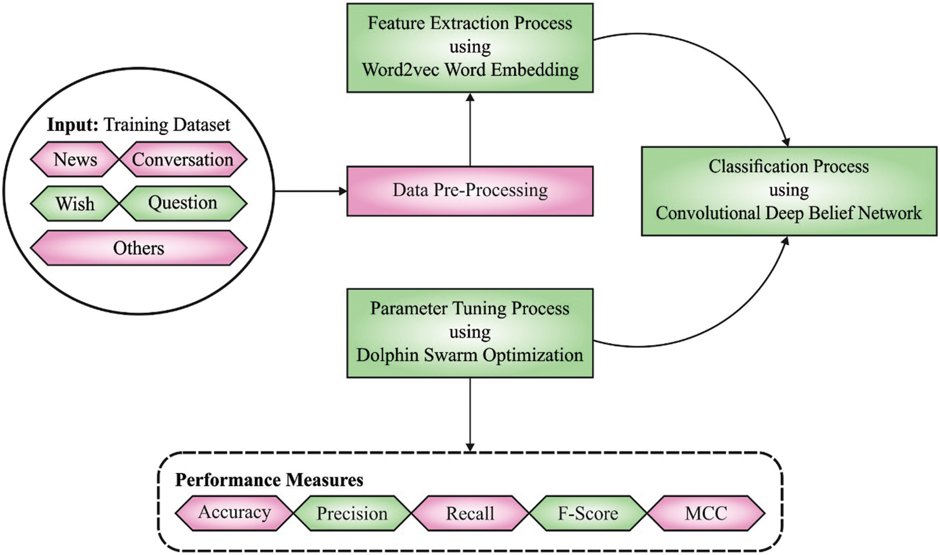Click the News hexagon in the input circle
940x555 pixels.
[75, 159]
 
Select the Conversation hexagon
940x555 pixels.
[183, 159]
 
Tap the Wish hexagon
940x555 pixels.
[75, 204]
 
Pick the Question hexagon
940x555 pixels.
[183, 203]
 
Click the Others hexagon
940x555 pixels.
[138, 248]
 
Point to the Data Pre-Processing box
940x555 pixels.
[470, 191]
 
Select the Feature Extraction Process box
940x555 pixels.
[470, 48]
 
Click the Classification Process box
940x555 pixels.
[788, 191]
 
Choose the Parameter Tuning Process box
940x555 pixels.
[470, 332]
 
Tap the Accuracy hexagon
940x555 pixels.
[234, 513]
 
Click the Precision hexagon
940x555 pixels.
[352, 514]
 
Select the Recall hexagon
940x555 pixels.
[470, 514]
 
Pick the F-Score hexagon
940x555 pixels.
[588, 514]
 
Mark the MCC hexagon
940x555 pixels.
[706, 514]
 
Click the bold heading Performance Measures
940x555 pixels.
[269, 480]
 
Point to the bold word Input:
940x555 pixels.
[73, 125]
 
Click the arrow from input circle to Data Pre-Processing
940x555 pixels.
[310, 191]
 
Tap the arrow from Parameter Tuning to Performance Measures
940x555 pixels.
[470, 414]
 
